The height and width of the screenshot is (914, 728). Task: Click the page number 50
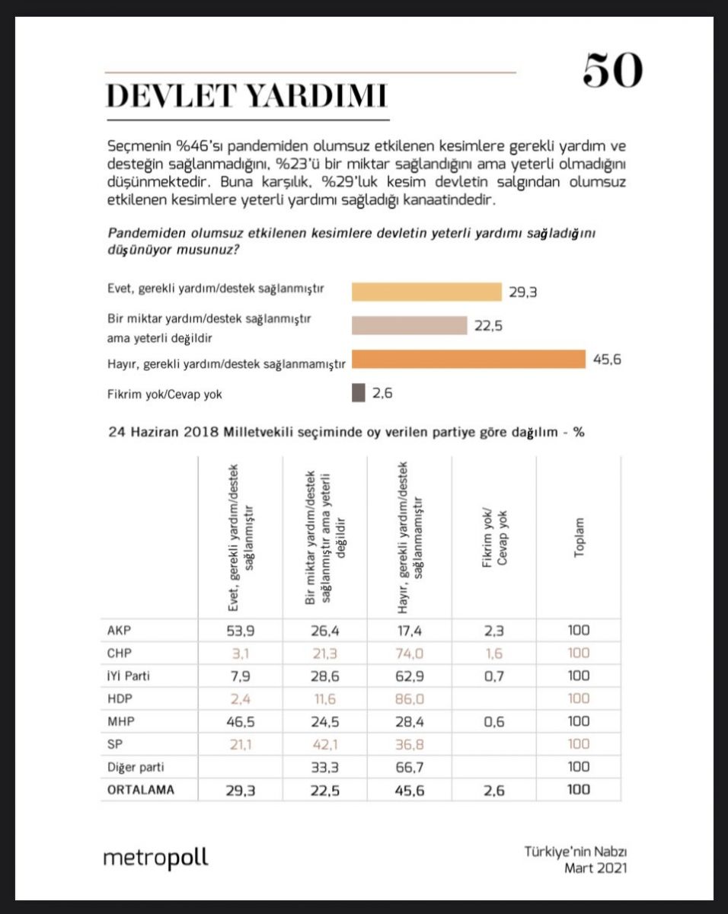click(613, 71)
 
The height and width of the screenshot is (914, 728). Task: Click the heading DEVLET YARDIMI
click(246, 97)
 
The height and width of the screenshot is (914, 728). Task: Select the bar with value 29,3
click(426, 292)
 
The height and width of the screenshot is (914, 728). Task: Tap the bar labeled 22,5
click(409, 325)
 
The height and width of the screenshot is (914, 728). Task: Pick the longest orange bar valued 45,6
click(468, 360)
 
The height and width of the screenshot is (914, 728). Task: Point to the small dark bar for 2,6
click(358, 393)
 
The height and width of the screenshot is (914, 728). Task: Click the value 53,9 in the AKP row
click(240, 631)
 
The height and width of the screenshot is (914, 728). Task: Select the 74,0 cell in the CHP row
click(409, 654)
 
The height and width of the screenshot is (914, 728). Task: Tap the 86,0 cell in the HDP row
click(409, 698)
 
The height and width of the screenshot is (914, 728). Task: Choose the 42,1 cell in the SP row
click(324, 744)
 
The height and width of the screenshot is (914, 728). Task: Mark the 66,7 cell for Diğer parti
click(409, 766)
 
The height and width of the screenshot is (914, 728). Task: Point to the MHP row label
click(123, 721)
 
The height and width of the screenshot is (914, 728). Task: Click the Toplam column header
click(579, 538)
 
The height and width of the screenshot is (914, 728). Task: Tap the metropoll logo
click(155, 858)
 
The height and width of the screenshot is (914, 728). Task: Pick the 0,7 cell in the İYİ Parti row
click(493, 676)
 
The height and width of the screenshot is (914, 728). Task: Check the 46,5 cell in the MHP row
click(240, 721)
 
